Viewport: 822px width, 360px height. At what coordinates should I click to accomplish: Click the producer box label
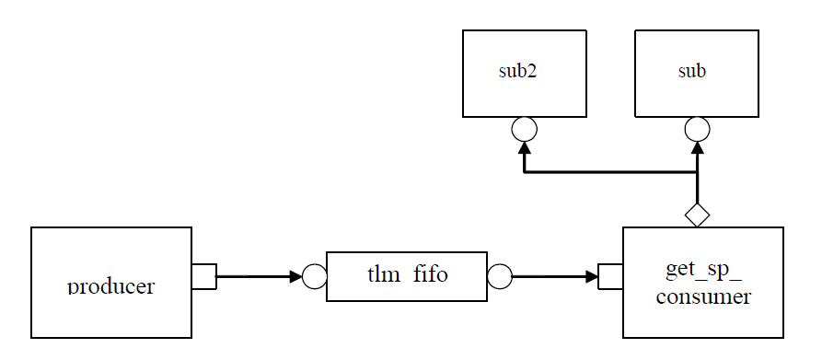pyautogui.click(x=110, y=285)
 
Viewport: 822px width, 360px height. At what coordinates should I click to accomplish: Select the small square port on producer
pyautogui.click(x=203, y=276)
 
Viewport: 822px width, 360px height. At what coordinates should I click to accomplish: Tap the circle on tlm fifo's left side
pyautogui.click(x=315, y=276)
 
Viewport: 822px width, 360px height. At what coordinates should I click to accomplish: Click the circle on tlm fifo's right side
pyautogui.click(x=500, y=276)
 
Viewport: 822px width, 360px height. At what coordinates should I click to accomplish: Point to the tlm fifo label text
pyautogui.click(x=407, y=273)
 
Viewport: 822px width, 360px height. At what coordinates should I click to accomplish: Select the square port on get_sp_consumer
pyautogui.click(x=610, y=276)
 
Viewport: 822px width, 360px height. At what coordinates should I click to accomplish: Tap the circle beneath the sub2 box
pyautogui.click(x=524, y=129)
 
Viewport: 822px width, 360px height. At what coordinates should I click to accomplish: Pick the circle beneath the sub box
pyautogui.click(x=697, y=129)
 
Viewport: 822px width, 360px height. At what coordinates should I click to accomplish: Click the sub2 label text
pyautogui.click(x=517, y=72)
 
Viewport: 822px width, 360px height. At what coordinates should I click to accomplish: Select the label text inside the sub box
pyautogui.click(x=691, y=72)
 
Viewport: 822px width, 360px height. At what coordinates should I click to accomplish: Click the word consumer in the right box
pyautogui.click(x=703, y=297)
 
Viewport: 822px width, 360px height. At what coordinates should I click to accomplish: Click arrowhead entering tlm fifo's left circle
pyautogui.click(x=295, y=276)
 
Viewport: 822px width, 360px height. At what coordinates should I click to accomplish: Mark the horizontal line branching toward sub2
pyautogui.click(x=608, y=172)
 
